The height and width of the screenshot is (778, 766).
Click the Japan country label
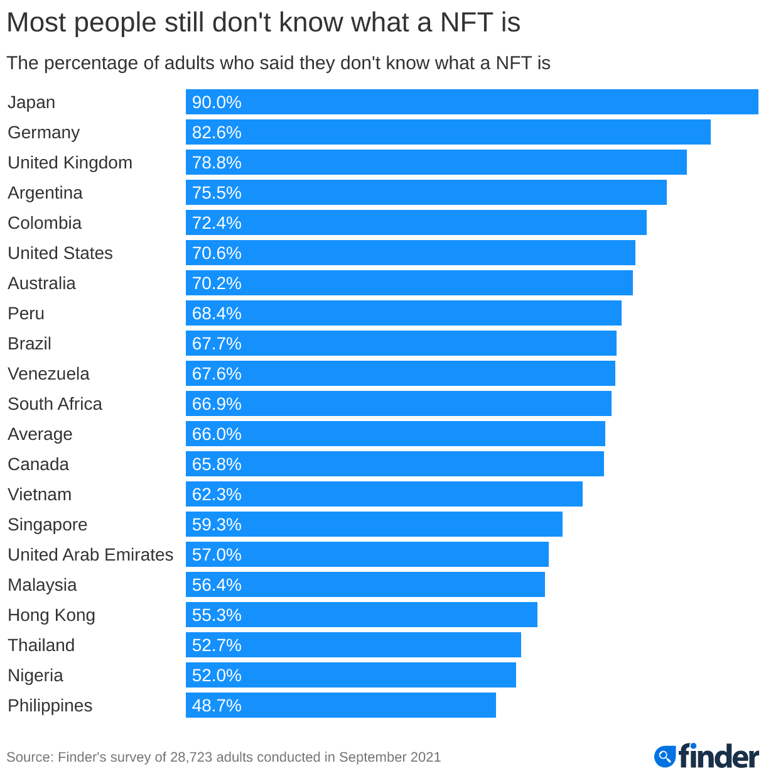31,102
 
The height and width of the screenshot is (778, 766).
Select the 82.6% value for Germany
217,133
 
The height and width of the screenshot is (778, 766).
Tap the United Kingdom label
70,163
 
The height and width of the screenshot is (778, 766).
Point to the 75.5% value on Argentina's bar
217,193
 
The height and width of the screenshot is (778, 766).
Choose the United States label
60,253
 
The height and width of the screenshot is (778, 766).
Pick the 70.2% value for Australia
217,283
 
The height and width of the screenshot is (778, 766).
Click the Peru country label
26,314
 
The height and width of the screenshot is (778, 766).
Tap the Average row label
40,434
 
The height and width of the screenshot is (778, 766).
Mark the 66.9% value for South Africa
217,404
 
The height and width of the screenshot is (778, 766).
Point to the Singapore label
48,525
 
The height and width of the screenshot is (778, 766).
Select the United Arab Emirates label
90,555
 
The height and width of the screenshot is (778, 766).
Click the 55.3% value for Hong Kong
217,615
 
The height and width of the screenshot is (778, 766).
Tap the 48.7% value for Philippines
217,706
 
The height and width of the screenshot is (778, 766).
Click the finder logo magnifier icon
664,756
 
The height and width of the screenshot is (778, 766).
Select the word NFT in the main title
467,23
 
